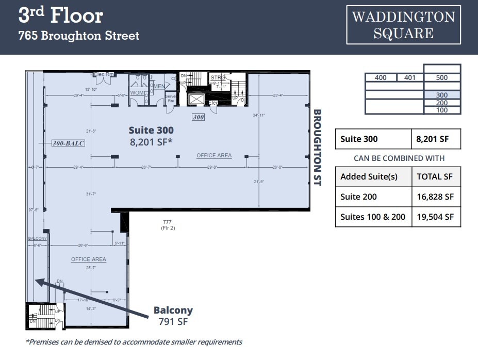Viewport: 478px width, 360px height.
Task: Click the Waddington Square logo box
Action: click(403, 25)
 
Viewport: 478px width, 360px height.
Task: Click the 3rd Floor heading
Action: click(61, 15)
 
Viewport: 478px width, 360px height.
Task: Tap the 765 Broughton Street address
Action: click(79, 36)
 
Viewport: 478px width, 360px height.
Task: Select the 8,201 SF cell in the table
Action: click(435, 139)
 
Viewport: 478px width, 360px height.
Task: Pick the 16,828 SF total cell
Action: click(435, 197)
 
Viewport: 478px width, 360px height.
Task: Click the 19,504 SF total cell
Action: click(435, 217)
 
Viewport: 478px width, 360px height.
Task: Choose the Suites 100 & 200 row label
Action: click(373, 217)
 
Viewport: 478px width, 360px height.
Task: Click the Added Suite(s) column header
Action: click(369, 176)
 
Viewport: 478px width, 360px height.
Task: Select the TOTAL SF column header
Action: click(434, 176)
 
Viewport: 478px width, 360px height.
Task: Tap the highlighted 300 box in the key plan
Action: click(441, 95)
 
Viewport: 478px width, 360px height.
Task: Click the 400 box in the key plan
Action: click(381, 78)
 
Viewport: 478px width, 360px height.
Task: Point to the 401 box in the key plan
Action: click(410, 78)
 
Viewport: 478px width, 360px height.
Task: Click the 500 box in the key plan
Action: click(441, 78)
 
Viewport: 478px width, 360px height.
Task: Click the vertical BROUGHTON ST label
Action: click(318, 148)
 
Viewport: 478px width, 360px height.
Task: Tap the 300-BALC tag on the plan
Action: click(68, 143)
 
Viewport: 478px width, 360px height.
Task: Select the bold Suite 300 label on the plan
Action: click(151, 130)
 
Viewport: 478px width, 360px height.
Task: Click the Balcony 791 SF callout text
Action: click(173, 316)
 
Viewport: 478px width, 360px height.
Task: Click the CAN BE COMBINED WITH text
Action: click(399, 158)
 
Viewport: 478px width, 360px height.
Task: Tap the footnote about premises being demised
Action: click(134, 341)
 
